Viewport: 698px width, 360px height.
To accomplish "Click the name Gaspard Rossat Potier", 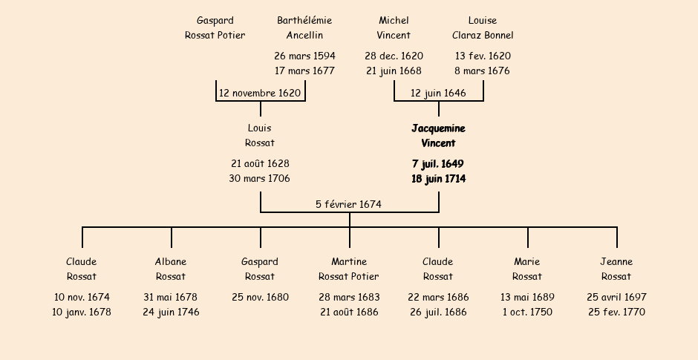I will click(215, 28).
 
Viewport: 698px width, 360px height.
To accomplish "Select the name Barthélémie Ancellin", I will click(304, 28).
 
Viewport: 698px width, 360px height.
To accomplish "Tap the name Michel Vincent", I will click(394, 28).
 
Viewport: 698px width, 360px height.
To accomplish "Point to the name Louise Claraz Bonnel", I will click(483, 28).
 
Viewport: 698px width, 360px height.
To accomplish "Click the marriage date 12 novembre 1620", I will click(260, 94).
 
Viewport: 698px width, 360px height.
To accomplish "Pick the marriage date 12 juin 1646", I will click(438, 94).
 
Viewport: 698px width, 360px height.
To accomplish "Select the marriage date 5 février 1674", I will click(349, 205).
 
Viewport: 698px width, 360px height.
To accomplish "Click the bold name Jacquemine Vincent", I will click(438, 136).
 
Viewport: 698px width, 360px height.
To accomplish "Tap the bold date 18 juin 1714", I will click(438, 179).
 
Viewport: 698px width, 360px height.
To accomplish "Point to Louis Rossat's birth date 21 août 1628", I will click(260, 164).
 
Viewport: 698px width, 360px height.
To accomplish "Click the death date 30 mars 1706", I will click(260, 179).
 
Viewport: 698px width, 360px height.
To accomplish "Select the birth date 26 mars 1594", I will click(304, 56).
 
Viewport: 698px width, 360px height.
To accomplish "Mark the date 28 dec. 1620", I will click(394, 56).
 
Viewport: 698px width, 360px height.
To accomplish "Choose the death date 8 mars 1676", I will click(483, 71).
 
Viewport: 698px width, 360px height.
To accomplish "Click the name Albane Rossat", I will click(171, 269).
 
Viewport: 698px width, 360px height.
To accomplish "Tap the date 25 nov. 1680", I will click(260, 298).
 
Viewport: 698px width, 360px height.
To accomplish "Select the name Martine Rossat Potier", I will click(349, 269).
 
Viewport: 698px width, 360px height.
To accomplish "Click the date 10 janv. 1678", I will click(82, 312).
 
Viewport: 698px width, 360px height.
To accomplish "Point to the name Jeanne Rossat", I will click(616, 269).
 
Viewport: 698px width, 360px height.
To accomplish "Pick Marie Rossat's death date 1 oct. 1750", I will click(527, 312).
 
